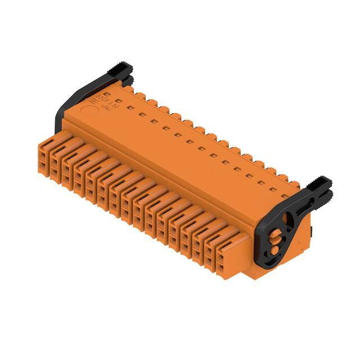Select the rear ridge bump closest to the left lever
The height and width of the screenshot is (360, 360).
pos(128,88)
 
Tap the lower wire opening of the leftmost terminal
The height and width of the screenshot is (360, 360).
pos(44,164)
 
